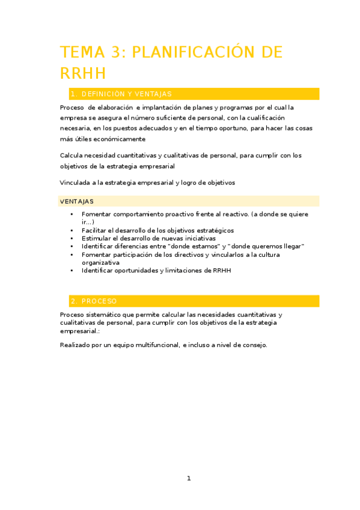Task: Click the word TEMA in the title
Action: point(81,52)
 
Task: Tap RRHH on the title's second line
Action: point(83,73)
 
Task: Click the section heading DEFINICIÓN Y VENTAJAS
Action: point(126,94)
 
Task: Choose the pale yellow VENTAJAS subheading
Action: point(76,201)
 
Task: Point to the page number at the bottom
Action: point(189,478)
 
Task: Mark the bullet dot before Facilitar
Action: point(72,230)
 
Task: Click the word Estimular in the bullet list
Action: point(96,238)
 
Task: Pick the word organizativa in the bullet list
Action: point(101,262)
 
